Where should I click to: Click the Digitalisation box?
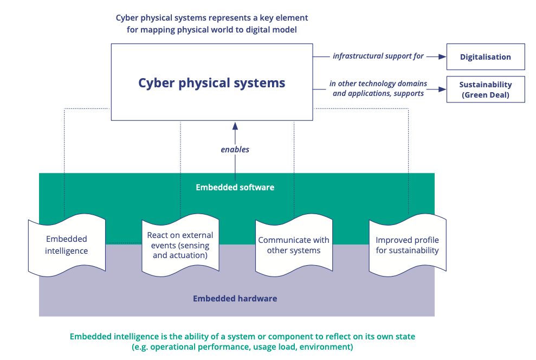(485, 57)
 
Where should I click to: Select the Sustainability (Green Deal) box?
(485, 89)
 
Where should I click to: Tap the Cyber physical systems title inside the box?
(211, 83)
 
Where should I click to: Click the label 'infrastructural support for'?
(378, 56)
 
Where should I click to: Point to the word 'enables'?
(235, 149)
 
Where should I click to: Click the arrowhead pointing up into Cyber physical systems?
(235, 126)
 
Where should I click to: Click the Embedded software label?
(235, 188)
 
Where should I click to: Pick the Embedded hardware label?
(235, 298)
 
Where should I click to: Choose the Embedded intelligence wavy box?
(67, 245)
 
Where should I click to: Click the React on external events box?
(180, 245)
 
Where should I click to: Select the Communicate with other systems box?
(294, 245)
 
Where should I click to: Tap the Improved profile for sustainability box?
(407, 245)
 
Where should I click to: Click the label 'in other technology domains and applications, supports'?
(378, 88)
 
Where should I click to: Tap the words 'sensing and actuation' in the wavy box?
(180, 250)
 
